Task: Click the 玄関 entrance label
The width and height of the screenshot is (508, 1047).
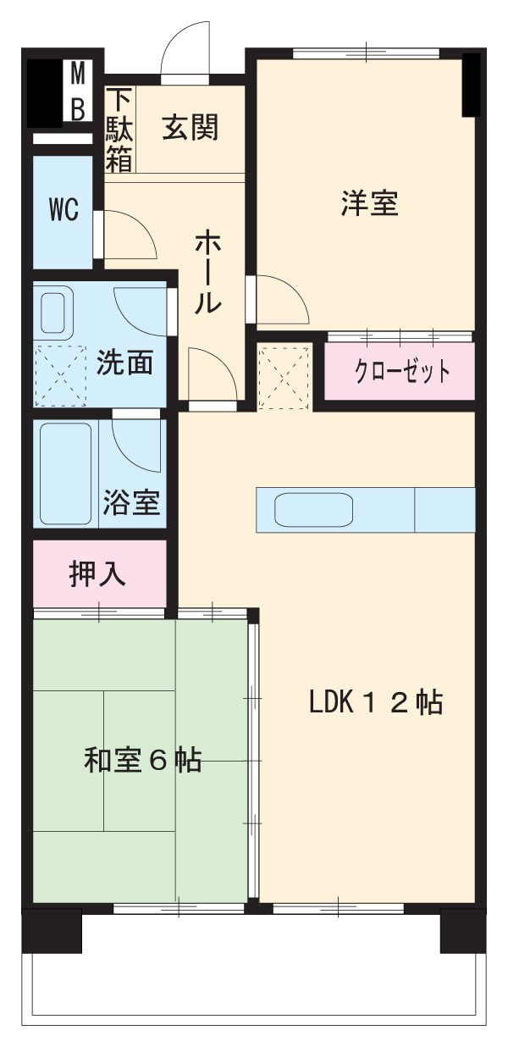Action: pyautogui.click(x=190, y=127)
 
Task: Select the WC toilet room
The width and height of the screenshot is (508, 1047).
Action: pyautogui.click(x=63, y=211)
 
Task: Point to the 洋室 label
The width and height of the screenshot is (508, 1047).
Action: pyautogui.click(x=370, y=203)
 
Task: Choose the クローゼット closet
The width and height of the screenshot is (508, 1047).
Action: pyautogui.click(x=400, y=371)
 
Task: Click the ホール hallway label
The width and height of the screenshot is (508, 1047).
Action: pyautogui.click(x=209, y=271)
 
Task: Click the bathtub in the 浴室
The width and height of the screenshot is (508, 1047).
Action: pyautogui.click(x=65, y=474)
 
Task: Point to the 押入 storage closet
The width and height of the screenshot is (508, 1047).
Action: pyautogui.click(x=99, y=573)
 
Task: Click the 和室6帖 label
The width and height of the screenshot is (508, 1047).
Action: pyautogui.click(x=142, y=760)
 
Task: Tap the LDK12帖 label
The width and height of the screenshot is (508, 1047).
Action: pyautogui.click(x=375, y=701)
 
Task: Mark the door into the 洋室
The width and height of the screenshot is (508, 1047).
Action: pyautogui.click(x=279, y=299)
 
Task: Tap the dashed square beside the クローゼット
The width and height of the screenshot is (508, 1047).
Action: pyautogui.click(x=285, y=376)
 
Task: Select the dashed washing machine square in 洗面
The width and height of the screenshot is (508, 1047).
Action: pyautogui.click(x=62, y=375)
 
